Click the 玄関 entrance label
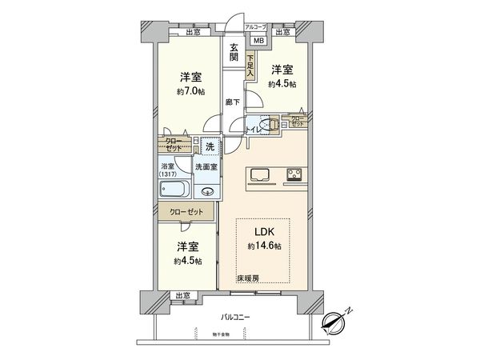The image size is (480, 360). click(234, 52)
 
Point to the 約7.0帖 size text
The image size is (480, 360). click(190, 91)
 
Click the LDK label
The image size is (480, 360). click(266, 233)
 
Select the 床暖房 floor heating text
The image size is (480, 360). click(248, 277)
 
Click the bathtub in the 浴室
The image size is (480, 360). click(174, 190)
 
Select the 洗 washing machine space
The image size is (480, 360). click(210, 147)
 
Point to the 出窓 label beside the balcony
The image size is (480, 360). click(182, 295)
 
